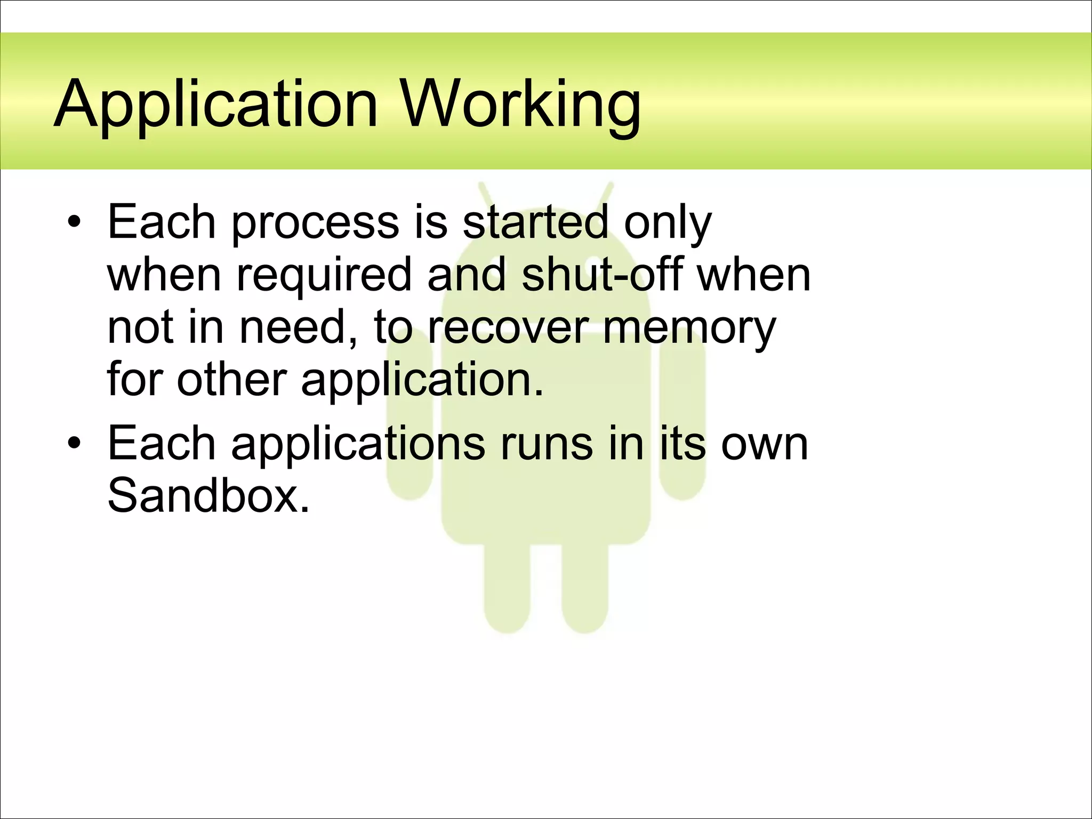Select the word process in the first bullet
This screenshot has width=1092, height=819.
pos(315,224)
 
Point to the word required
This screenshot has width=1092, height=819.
pos(324,276)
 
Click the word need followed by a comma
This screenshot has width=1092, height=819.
pos(298,328)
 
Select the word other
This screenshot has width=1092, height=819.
pos(232,380)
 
